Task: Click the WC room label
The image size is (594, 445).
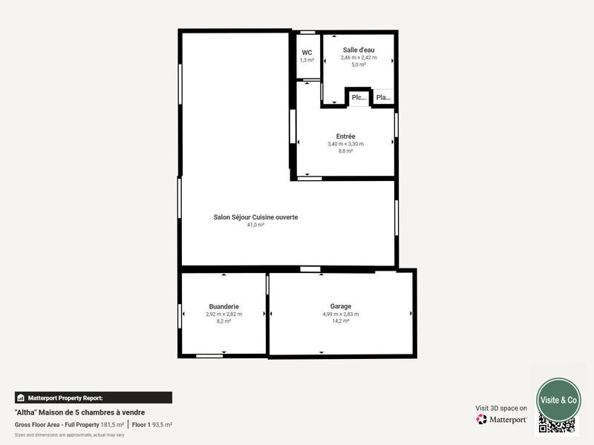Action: [307, 53]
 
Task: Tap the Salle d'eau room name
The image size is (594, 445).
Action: [359, 50]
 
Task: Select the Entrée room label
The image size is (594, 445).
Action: [345, 136]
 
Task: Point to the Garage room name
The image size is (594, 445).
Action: [341, 306]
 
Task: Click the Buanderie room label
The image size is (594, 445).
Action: [223, 306]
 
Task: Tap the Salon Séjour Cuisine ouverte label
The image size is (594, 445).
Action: [255, 217]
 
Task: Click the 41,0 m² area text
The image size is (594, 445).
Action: [255, 225]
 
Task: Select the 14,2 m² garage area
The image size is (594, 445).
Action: [341, 321]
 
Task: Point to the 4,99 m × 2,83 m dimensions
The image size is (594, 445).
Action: [341, 314]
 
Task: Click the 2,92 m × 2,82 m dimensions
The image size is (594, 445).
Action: [223, 314]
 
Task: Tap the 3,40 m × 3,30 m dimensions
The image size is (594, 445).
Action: [345, 144]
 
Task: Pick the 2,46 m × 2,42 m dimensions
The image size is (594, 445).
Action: [359, 57]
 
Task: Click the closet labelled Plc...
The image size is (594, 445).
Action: [359, 97]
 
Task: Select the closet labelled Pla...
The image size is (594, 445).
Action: [382, 97]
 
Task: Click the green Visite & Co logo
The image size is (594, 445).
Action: [558, 399]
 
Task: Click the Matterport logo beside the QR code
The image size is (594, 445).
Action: [502, 419]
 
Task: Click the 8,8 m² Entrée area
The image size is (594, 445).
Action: [345, 151]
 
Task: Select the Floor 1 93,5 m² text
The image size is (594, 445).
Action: [152, 424]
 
